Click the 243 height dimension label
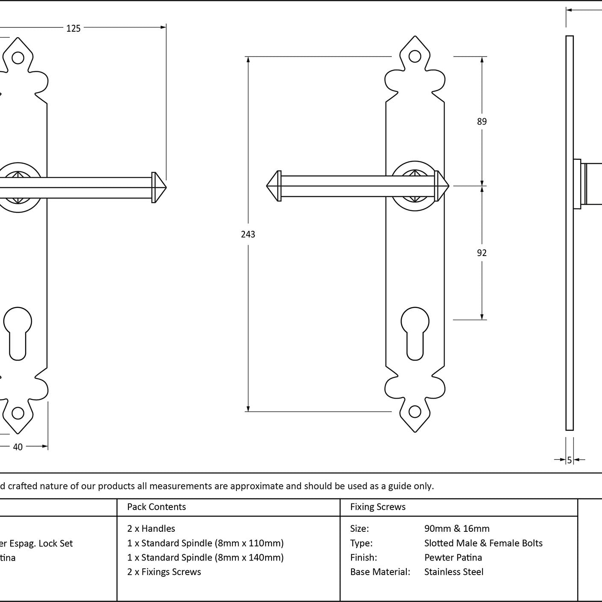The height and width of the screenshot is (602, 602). click(x=248, y=234)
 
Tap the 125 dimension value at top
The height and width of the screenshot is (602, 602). click(x=73, y=29)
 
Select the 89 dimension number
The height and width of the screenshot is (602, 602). click(x=482, y=122)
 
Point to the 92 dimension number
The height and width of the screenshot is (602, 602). click(x=482, y=253)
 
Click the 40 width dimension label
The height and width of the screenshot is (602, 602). click(x=18, y=447)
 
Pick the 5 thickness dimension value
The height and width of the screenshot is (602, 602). click(x=569, y=460)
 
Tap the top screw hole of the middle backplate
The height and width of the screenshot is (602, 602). click(x=414, y=56)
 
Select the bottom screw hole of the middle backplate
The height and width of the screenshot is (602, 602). click(x=414, y=411)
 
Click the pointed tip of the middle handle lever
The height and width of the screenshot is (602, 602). click(x=268, y=186)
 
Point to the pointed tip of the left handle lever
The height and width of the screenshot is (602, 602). click(x=164, y=187)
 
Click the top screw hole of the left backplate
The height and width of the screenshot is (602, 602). click(x=18, y=57)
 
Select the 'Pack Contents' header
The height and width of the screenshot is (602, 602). click(x=156, y=507)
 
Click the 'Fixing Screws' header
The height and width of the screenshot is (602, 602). click(x=378, y=507)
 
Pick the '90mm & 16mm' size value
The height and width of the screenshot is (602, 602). click(x=456, y=529)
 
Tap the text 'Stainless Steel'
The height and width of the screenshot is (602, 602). click(x=453, y=572)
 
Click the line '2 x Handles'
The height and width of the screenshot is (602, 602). click(x=151, y=529)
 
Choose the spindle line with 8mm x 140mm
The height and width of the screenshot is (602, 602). click(x=205, y=557)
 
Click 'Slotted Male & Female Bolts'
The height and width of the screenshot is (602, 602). click(x=483, y=543)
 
